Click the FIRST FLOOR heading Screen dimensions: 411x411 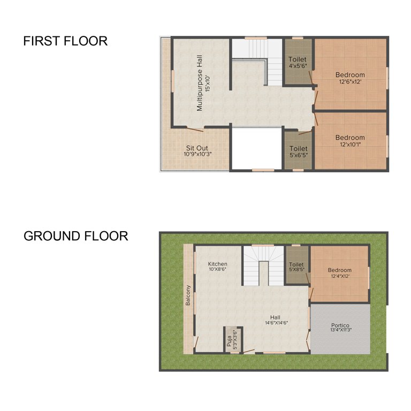(x=65, y=41)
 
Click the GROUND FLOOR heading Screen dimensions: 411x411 (x=75, y=236)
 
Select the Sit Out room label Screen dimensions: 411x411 (x=197, y=148)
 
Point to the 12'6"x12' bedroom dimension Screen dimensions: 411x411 (x=350, y=82)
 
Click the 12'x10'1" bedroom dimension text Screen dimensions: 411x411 (x=350, y=144)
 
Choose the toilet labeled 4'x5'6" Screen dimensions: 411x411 (x=298, y=63)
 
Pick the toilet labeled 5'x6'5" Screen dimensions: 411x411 (x=298, y=152)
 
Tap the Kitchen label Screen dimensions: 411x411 (x=217, y=264)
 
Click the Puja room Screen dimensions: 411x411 (x=232, y=339)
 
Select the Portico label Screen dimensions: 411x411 (x=340, y=325)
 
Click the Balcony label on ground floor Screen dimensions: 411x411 (x=188, y=295)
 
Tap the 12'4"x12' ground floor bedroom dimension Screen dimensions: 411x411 (x=340, y=277)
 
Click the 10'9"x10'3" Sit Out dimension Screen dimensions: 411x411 (x=197, y=154)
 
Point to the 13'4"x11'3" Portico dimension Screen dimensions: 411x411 (x=340, y=331)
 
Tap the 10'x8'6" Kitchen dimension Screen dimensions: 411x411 (x=217, y=270)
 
